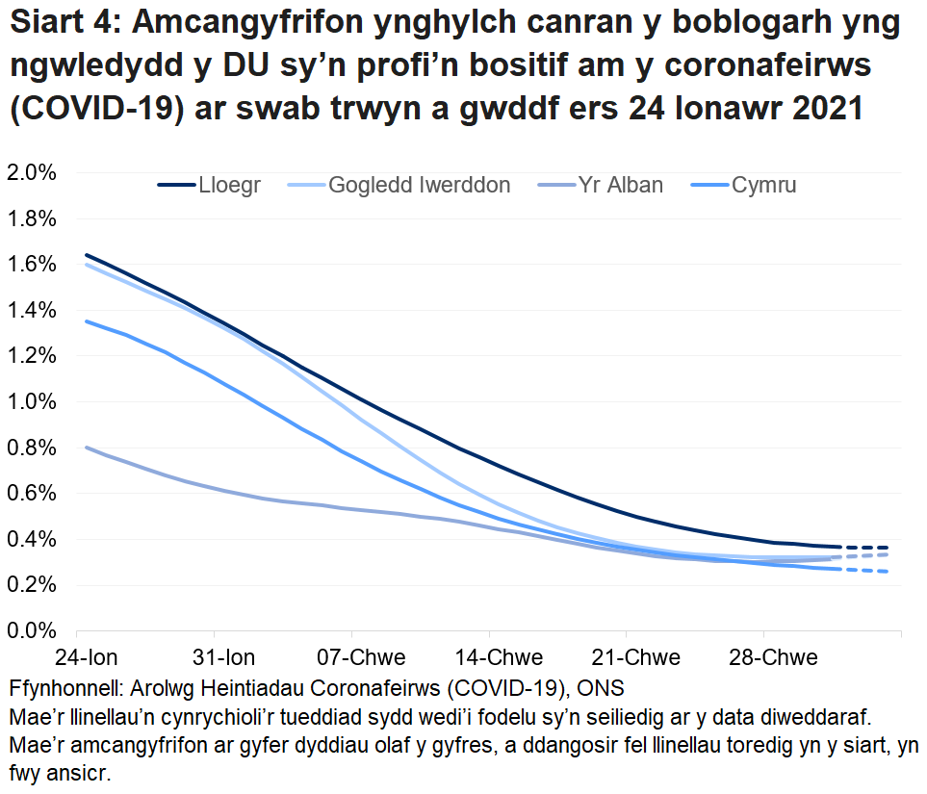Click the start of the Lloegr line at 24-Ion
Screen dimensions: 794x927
point(87,255)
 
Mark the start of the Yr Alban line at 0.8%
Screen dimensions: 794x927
point(87,447)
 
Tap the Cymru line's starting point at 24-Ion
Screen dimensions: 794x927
point(87,321)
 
